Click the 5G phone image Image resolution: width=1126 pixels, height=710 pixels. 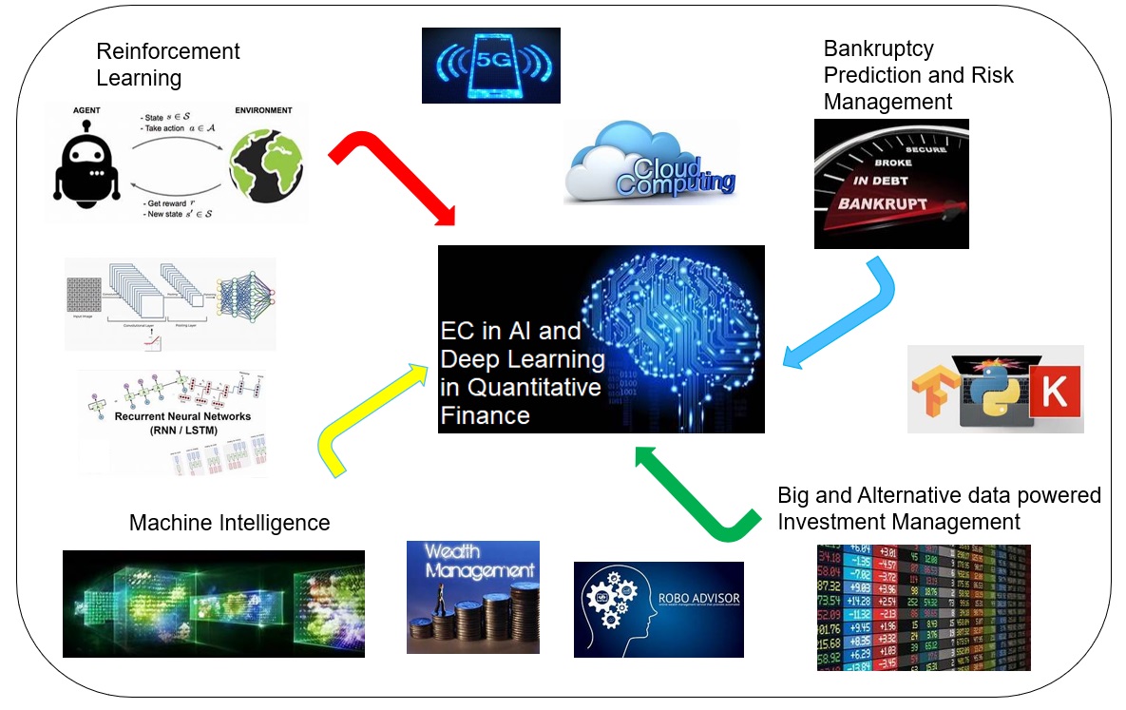(x=490, y=65)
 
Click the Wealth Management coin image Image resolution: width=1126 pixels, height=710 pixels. (x=472, y=597)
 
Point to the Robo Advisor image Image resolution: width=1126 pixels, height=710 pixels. (x=658, y=609)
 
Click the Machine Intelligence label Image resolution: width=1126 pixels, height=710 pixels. (x=229, y=523)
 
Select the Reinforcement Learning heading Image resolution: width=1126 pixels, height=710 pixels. (x=168, y=64)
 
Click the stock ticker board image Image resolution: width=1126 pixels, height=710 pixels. (x=923, y=607)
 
